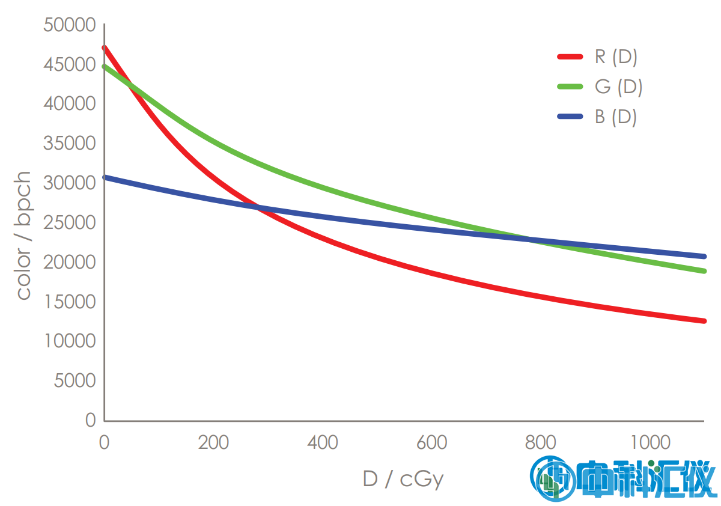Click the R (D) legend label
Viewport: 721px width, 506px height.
(x=616, y=58)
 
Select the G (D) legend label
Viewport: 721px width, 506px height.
(x=618, y=87)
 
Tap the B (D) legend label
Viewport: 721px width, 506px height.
(x=616, y=117)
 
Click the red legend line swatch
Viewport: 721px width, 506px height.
(x=570, y=57)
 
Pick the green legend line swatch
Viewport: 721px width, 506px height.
(x=570, y=87)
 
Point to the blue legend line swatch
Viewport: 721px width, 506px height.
(x=570, y=116)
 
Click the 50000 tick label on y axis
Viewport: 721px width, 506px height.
(x=70, y=25)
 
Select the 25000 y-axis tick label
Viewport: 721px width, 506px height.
(x=70, y=223)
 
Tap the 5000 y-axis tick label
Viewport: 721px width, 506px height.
(x=75, y=381)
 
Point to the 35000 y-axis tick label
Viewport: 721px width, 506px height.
(x=70, y=144)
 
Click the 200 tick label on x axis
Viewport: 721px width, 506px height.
(x=213, y=443)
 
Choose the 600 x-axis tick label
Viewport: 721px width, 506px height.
(x=431, y=443)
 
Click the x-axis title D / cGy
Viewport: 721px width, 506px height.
(x=403, y=479)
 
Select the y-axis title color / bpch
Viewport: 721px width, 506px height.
(x=23, y=235)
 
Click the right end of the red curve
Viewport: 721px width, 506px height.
(x=704, y=321)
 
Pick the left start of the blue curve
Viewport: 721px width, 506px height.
(x=105, y=177)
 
